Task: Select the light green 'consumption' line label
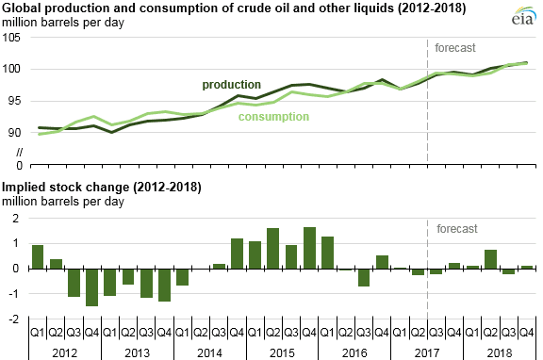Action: (x=273, y=117)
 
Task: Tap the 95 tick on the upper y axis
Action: (x=13, y=101)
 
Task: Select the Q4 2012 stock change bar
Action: (x=92, y=286)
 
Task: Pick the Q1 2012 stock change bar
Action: (x=38, y=256)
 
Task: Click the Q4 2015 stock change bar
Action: (x=310, y=248)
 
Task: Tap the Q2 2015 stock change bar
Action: (x=273, y=248)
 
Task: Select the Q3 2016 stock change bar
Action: (x=364, y=277)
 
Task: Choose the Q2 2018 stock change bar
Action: (x=491, y=259)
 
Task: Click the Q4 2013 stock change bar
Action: (x=165, y=285)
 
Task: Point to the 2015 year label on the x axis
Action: (x=282, y=349)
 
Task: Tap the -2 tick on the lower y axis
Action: (x=13, y=319)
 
